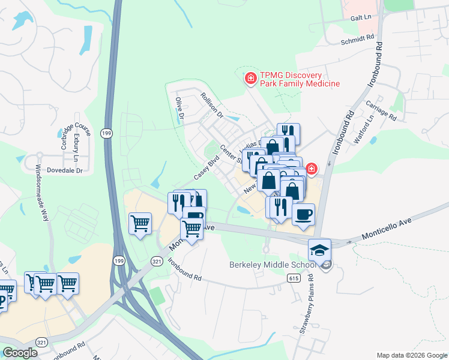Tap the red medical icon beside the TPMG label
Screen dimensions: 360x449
(x=250, y=78)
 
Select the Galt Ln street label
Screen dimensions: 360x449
(x=361, y=19)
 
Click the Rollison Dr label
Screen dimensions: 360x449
(x=212, y=104)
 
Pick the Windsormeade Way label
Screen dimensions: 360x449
(x=41, y=193)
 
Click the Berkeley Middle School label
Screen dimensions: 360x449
(x=272, y=265)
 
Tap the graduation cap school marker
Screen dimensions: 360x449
(x=320, y=250)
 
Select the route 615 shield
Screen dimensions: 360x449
(x=293, y=278)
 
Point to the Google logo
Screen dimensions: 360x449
(x=20, y=353)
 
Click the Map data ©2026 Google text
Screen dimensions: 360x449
(x=411, y=355)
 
